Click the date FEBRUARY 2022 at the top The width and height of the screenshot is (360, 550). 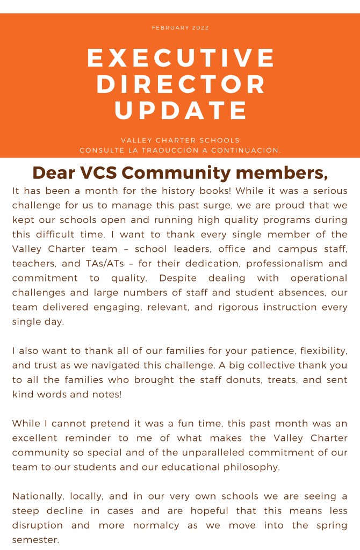coord(180,27)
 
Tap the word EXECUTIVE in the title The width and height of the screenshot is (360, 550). coord(181,58)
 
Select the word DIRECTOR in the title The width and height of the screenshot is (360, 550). coord(181,84)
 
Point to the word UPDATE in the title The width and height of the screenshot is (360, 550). coord(181,111)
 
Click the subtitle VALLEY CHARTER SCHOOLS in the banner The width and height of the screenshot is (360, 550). coord(180,140)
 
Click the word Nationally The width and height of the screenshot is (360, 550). coord(35,496)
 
